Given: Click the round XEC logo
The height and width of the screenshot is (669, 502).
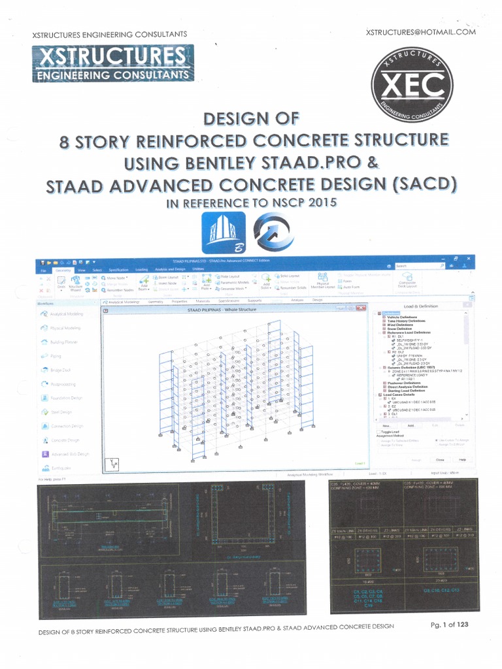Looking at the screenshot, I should coord(411,84).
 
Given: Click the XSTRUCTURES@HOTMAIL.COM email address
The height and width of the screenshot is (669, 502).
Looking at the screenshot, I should coord(421,31).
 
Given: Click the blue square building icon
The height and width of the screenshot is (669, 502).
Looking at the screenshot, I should coord(224,233).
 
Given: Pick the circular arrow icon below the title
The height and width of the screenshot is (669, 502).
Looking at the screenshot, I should coord(273,233).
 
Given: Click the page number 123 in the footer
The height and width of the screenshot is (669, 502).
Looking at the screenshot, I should coord(462,624).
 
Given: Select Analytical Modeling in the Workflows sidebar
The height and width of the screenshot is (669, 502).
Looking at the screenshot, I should coord(65,314).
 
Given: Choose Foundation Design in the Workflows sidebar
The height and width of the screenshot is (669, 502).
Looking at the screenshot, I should coord(66,398).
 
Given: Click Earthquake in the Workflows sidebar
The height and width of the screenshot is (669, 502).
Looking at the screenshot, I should coord(61,468).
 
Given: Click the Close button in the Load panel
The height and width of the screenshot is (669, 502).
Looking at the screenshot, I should coord(440,459).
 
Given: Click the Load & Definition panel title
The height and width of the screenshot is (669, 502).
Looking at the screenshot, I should coord(421,306).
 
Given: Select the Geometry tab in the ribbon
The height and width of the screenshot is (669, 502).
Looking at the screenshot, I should coord(63,269).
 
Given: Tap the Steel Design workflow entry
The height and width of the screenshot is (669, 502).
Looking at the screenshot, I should coord(61,412).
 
